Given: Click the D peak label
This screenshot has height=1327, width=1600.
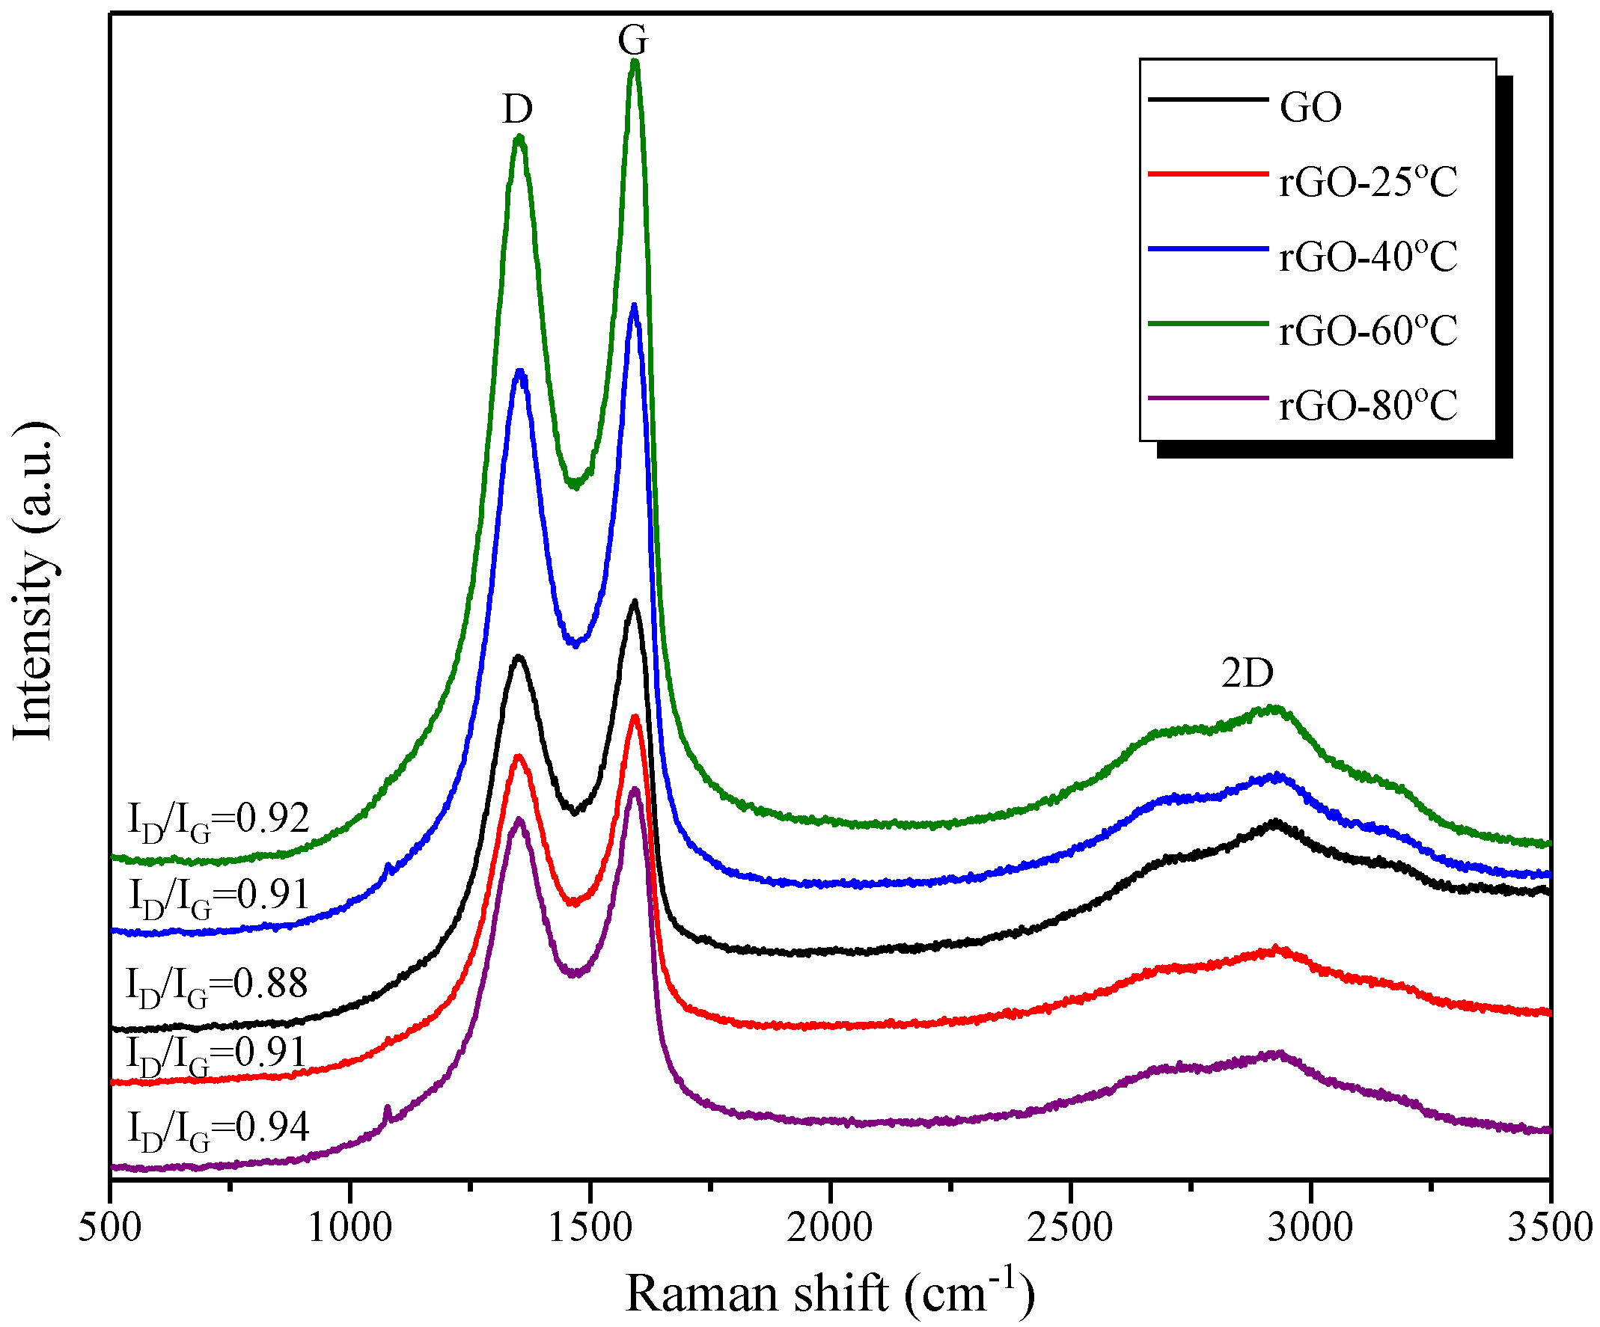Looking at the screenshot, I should [517, 109].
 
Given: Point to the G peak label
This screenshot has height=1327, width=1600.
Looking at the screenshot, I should [633, 39].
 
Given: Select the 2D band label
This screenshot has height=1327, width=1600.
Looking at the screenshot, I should [1248, 672].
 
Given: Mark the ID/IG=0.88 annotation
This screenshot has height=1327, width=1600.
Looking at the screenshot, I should [217, 986].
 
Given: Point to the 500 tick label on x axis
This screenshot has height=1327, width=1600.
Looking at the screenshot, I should [111, 1228].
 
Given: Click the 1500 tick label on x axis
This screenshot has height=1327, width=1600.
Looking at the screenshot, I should [590, 1228].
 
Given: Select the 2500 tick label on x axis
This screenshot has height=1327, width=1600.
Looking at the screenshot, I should [1069, 1228].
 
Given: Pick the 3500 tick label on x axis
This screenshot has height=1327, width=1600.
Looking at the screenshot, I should [1550, 1228].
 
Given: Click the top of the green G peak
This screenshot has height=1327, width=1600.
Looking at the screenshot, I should [635, 64].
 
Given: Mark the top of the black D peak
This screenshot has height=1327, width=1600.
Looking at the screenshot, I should [519, 657].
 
